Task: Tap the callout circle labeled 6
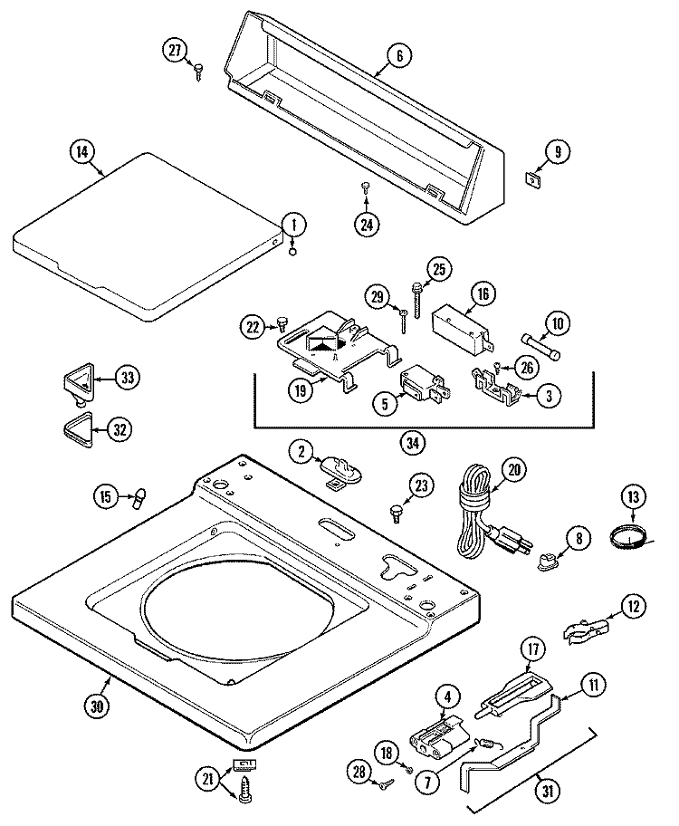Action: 396,55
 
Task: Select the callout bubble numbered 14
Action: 82,152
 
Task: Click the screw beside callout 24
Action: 366,187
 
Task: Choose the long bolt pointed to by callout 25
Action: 416,299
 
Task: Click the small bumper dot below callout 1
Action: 292,253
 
